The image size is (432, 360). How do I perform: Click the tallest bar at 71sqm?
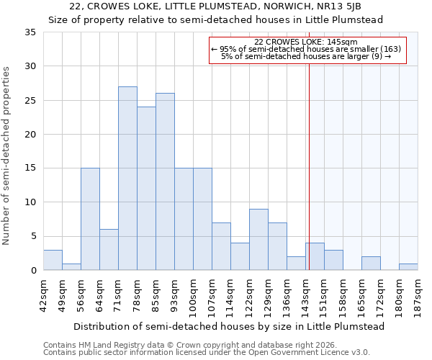[127, 179]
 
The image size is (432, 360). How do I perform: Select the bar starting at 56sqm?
[90, 219]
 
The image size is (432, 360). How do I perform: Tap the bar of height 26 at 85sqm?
[165, 181]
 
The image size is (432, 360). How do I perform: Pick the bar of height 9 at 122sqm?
[258, 239]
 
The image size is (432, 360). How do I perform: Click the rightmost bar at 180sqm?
[408, 266]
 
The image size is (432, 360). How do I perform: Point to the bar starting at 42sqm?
[53, 260]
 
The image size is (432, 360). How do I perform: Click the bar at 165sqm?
[371, 263]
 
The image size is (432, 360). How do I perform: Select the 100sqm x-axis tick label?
[193, 293]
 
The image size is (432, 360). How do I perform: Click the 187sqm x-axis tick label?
[418, 293]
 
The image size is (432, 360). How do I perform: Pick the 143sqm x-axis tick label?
[305, 293]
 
